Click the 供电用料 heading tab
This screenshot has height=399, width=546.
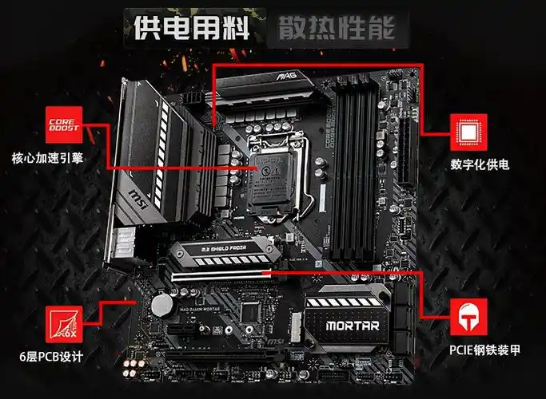tap(189, 29)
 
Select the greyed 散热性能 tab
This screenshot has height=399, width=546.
tap(337, 29)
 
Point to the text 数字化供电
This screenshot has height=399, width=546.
tap(480, 165)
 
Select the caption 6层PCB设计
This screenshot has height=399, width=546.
tap(51, 356)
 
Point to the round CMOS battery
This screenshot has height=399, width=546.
tap(165, 304)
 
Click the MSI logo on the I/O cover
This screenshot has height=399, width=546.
tap(137, 195)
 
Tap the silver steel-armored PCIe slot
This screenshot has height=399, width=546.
tap(217, 276)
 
